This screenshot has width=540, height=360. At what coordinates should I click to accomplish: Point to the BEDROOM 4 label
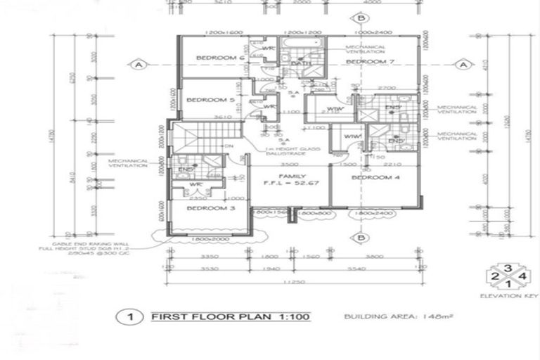point(375,177)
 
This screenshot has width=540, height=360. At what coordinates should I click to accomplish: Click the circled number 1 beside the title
point(129,316)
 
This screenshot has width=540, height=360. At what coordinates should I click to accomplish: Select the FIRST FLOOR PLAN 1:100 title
point(231,316)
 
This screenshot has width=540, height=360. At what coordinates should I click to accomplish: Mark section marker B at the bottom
point(361,238)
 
